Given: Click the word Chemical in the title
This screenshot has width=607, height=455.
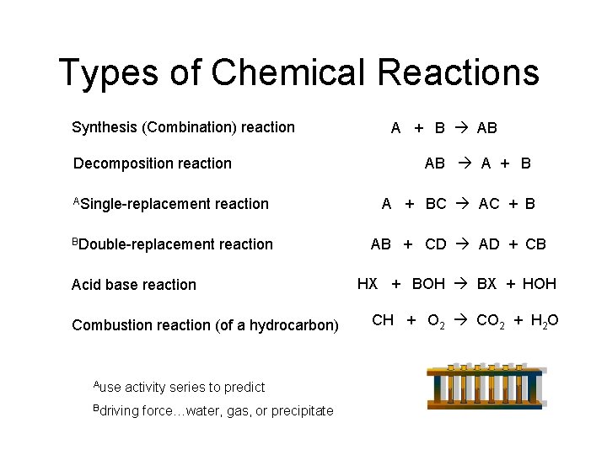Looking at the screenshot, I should point(288,72).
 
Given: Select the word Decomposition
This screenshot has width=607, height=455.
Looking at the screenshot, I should point(126,163).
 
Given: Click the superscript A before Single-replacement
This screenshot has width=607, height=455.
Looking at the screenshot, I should point(76,201).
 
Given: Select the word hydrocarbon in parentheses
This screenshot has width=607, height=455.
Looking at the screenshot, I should point(292,325).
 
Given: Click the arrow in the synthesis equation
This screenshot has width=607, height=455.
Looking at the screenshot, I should point(461,128).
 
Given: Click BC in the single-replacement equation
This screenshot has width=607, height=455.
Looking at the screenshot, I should point(436,204).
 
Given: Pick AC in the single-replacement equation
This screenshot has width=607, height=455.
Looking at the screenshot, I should point(489,204).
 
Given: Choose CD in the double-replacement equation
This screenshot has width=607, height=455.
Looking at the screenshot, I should point(436,244).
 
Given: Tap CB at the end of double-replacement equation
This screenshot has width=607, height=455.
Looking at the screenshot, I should point(535,244).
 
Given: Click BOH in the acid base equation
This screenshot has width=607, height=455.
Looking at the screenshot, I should point(428,284).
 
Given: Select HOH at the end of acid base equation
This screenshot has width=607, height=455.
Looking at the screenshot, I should point(540,284).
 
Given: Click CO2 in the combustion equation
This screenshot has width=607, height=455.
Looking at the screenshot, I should point(491,321).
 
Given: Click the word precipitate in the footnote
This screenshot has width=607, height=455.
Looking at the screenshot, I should point(302,410).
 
